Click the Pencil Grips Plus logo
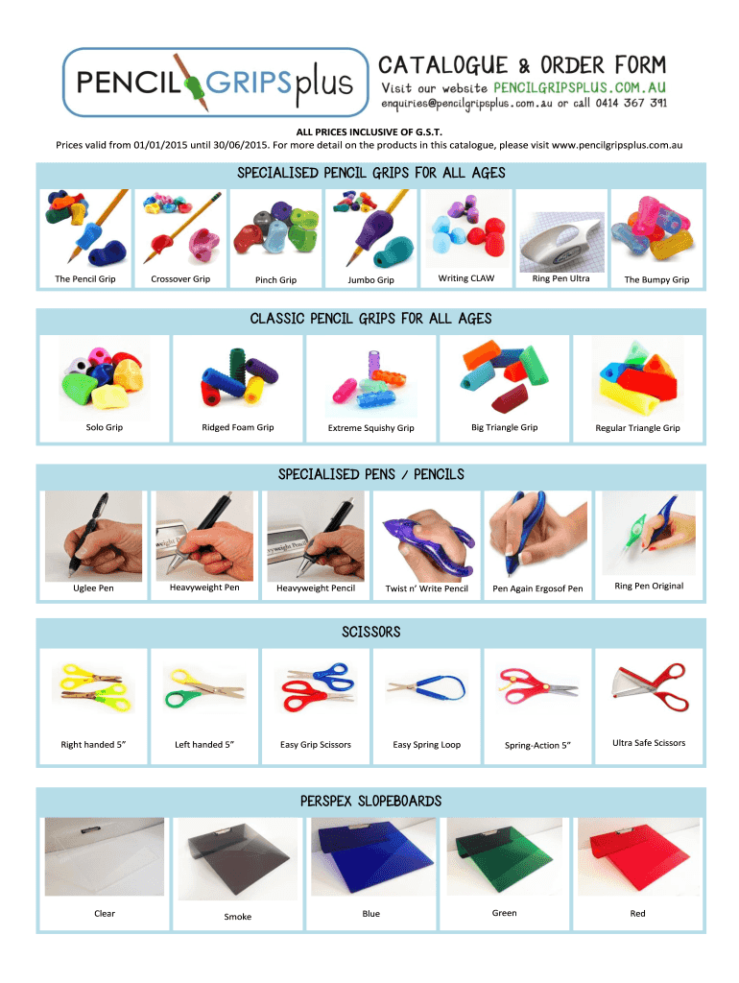(x=215, y=83)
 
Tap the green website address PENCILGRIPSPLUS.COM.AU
(x=579, y=87)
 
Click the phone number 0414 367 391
(x=631, y=103)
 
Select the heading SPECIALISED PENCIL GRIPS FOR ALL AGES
(x=371, y=173)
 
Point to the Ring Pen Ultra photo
(x=561, y=241)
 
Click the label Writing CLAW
(x=465, y=278)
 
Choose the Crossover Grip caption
(x=180, y=279)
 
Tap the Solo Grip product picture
(x=104, y=378)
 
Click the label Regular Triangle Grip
(x=637, y=427)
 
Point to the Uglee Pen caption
(x=93, y=588)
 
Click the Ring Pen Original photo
(x=649, y=534)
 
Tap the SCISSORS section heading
(x=371, y=632)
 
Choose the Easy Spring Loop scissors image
(x=427, y=687)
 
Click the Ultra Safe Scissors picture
(x=650, y=686)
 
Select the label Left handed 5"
(x=204, y=745)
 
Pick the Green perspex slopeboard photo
(x=505, y=856)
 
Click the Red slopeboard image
(x=638, y=856)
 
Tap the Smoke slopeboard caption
(x=238, y=917)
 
